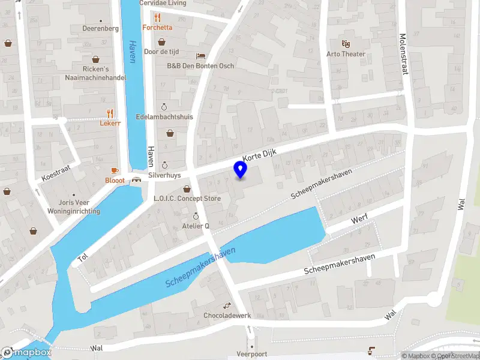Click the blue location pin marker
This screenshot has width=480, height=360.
(x=241, y=170)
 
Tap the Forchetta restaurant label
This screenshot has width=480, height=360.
(x=157, y=27)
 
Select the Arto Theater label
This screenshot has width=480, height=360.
(x=346, y=54)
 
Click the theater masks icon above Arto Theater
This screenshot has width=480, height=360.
(x=346, y=43)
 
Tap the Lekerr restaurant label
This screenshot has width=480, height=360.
(x=110, y=122)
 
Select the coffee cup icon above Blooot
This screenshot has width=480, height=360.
(x=115, y=170)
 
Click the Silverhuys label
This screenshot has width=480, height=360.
(x=165, y=175)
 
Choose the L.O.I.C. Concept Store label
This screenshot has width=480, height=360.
(x=187, y=199)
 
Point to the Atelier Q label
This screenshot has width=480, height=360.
(x=196, y=226)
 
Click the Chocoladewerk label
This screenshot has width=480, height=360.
(x=227, y=315)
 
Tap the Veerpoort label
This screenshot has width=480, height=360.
(x=251, y=353)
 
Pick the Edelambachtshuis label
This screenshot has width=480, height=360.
(x=164, y=116)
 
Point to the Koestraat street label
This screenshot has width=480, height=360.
(x=56, y=173)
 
